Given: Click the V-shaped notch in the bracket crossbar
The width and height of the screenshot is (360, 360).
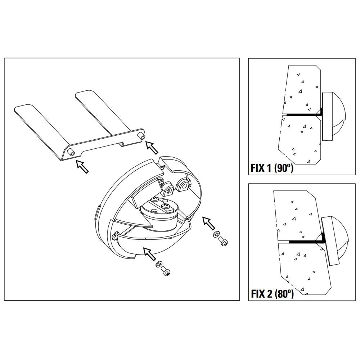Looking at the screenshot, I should coord(122,144).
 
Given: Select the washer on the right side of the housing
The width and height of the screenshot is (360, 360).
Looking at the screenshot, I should coord(216,234).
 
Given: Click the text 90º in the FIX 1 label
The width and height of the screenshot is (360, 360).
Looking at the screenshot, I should coord(284,168).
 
